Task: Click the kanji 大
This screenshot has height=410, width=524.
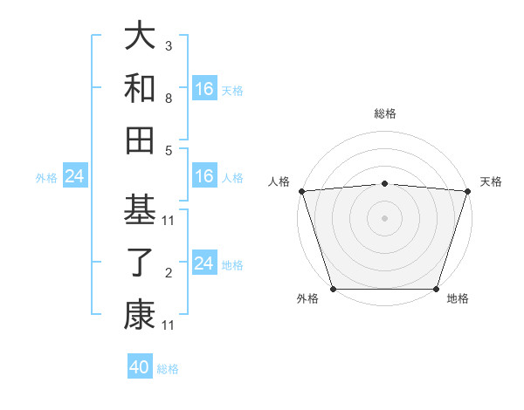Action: pyautogui.click(x=140, y=36)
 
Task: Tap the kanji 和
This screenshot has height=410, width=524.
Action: pyautogui.click(x=140, y=88)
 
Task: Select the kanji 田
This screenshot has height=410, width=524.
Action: pyautogui.click(x=140, y=140)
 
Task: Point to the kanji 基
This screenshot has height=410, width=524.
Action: pyautogui.click(x=140, y=210)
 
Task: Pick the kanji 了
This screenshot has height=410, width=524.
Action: pyautogui.click(x=140, y=263)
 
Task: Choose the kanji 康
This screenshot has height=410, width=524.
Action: pyautogui.click(x=140, y=316)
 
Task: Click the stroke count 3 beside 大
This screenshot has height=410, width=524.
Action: pyautogui.click(x=168, y=44)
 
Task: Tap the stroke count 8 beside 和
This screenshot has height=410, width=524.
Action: pyautogui.click(x=168, y=99)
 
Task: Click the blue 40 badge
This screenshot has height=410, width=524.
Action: pyautogui.click(x=140, y=367)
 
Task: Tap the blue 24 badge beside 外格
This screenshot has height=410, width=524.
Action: pyautogui.click(x=74, y=177)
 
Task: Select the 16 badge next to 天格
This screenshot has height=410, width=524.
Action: pyautogui.click(x=204, y=89)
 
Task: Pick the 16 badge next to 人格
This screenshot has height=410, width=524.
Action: pyautogui.click(x=204, y=177)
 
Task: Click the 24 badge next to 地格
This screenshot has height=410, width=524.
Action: pyautogui.click(x=204, y=263)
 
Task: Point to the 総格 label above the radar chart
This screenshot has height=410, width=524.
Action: pyautogui.click(x=384, y=113)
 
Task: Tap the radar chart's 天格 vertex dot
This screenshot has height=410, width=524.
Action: pyautogui.click(x=467, y=191)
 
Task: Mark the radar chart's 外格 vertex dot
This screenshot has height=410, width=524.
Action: pyautogui.click(x=334, y=288)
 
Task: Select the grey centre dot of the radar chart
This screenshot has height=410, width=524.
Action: pyautogui.click(x=384, y=218)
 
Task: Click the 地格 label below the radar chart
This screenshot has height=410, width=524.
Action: pyautogui.click(x=458, y=299)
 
